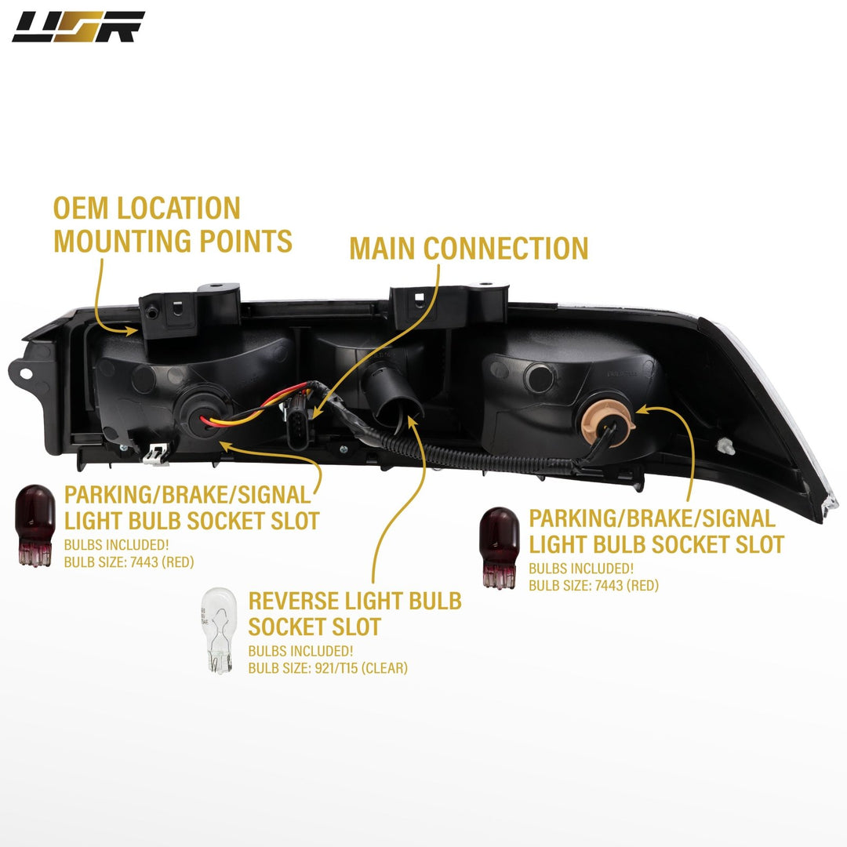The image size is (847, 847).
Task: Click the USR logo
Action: pyautogui.click(x=78, y=27)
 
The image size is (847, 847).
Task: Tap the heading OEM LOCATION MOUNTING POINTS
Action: pyautogui.click(x=173, y=224)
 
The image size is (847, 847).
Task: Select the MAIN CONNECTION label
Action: pyautogui.click(x=468, y=248)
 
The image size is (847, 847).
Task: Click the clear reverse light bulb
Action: pyautogui.click(x=219, y=631)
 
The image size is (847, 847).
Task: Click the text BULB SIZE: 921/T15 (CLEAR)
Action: pyautogui.click(x=328, y=668)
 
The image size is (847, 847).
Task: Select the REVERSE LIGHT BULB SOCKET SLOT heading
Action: pyautogui.click(x=354, y=614)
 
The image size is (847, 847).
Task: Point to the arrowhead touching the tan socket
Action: pyautogui.click(x=641, y=409)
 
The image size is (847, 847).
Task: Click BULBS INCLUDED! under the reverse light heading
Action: pyautogui.click(x=300, y=651)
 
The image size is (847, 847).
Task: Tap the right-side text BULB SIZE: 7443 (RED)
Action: pyautogui.click(x=593, y=585)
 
